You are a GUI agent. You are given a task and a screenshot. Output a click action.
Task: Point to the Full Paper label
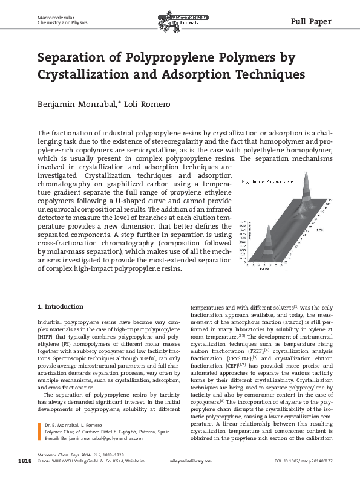311,22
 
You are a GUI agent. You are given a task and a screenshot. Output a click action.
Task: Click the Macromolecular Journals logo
180,22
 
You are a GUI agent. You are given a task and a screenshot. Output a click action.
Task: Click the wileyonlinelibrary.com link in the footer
191,461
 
